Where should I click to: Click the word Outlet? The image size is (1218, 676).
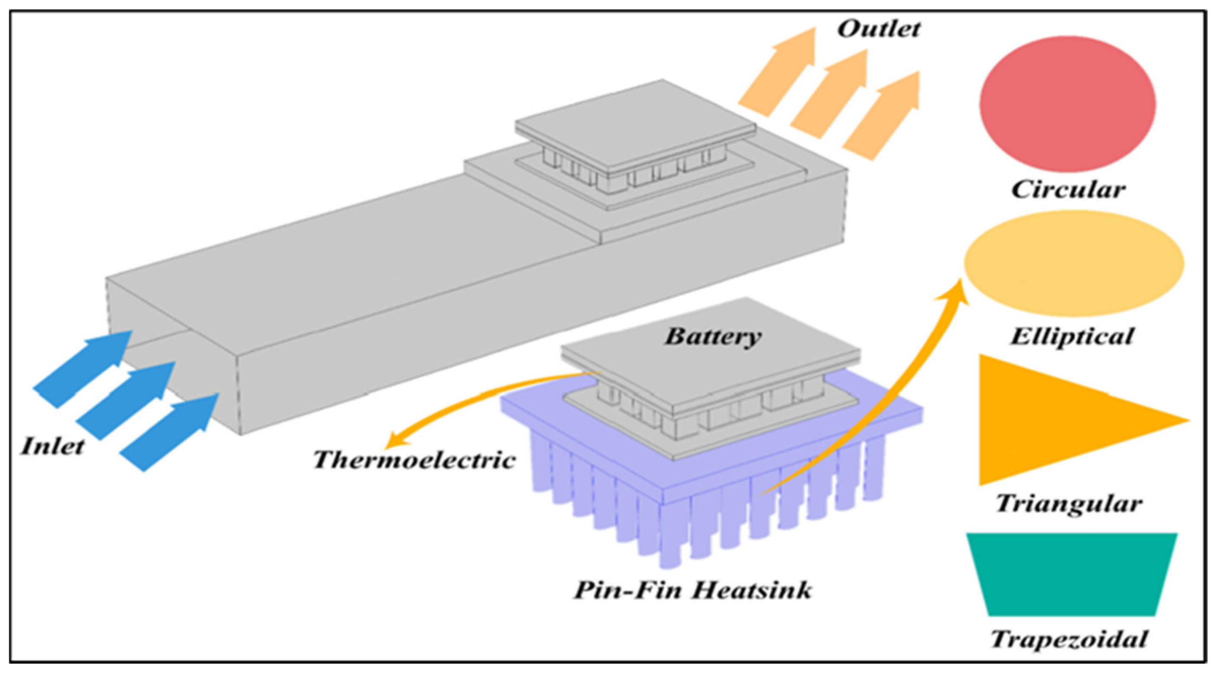point(878,29)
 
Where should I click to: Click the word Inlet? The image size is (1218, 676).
point(52,446)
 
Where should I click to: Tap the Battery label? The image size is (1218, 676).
point(713,337)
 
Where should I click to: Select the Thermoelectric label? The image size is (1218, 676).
point(414,459)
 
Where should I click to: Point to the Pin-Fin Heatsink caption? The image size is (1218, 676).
point(693,590)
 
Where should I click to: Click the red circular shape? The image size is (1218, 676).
point(1068,104)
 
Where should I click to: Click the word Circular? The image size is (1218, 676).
point(1068,190)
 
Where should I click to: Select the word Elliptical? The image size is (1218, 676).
point(1072,337)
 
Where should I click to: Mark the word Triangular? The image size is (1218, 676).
point(1069,504)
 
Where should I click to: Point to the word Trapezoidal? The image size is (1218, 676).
point(1069,639)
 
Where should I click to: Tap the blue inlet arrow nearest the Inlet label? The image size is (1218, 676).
point(83,369)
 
